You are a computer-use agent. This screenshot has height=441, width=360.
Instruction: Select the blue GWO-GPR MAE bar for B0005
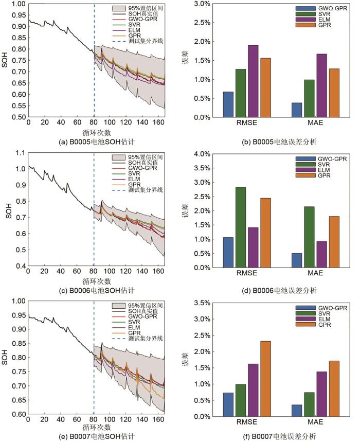tap(297, 110)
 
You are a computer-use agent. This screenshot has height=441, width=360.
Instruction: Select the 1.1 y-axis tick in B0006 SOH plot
tap(17, 153)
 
